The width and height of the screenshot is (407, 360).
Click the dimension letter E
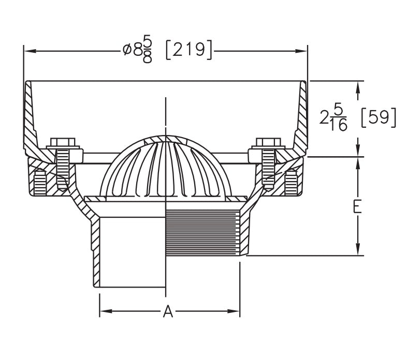click(357, 206)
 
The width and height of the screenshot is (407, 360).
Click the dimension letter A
click(168, 312)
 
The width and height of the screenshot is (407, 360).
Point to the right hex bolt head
click(268, 142)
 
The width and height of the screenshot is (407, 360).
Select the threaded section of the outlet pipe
click(203, 233)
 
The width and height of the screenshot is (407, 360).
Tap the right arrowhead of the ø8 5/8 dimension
click(302, 51)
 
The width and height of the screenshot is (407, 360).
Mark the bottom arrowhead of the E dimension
click(357, 250)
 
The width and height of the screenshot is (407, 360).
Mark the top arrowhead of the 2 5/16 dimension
click(357, 86)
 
